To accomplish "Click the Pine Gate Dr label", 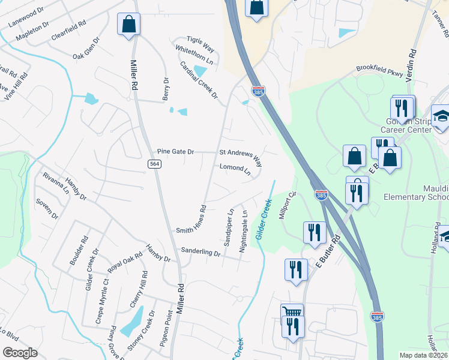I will [x=175, y=152].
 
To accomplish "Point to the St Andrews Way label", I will [x=241, y=157].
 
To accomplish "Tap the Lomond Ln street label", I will [x=235, y=170].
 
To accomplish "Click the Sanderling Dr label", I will [x=201, y=253].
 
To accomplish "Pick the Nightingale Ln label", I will [x=244, y=230].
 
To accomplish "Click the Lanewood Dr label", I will [x=26, y=17].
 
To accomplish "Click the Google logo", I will [x=20, y=353].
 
